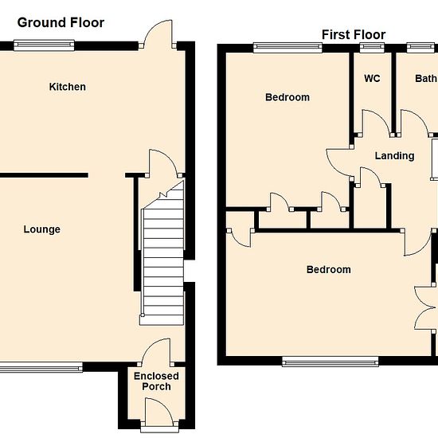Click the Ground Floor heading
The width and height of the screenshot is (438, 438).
pos(61,22)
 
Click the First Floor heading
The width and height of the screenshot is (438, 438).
pos(354,35)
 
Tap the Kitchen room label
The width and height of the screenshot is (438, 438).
pos(68,87)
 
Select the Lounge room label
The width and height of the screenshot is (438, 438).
pos(42,229)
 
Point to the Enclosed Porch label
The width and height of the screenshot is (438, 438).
pos(156,381)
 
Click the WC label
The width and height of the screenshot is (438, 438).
pos(372,79)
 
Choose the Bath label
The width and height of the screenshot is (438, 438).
pos(426,79)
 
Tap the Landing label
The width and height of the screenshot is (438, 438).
pos(394,156)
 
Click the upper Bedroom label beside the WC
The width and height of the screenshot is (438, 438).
pos(287,97)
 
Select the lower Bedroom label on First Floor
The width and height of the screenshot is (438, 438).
pos(329,269)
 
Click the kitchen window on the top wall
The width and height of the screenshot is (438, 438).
pos(44,45)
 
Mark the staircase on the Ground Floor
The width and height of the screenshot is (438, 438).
pos(162,252)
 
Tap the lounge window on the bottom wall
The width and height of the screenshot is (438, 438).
pos(41,367)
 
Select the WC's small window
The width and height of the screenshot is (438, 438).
pos(372,48)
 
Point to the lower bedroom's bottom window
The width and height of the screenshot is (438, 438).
pos(330,361)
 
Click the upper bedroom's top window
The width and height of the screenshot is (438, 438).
pos(287,48)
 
